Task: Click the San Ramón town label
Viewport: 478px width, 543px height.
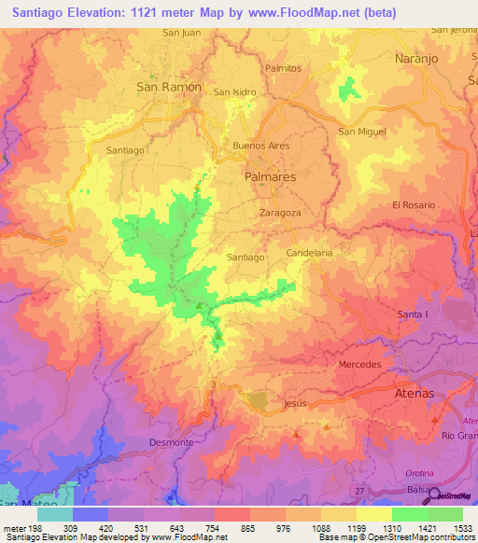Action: (x=169, y=87)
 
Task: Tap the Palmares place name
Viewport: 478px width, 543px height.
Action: (x=270, y=175)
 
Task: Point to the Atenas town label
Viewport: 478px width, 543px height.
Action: (x=412, y=394)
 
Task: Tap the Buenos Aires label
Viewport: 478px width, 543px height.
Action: (x=261, y=146)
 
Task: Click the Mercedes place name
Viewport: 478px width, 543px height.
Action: (x=360, y=364)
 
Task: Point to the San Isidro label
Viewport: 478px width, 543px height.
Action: (x=235, y=92)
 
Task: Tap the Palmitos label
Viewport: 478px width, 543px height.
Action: (x=283, y=68)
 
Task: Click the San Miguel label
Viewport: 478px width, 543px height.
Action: (x=362, y=132)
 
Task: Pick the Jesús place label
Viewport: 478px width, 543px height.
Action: (x=294, y=404)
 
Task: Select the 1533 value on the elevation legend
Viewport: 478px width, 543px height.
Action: (x=462, y=527)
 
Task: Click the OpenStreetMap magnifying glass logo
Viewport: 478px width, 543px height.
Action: (x=435, y=494)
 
